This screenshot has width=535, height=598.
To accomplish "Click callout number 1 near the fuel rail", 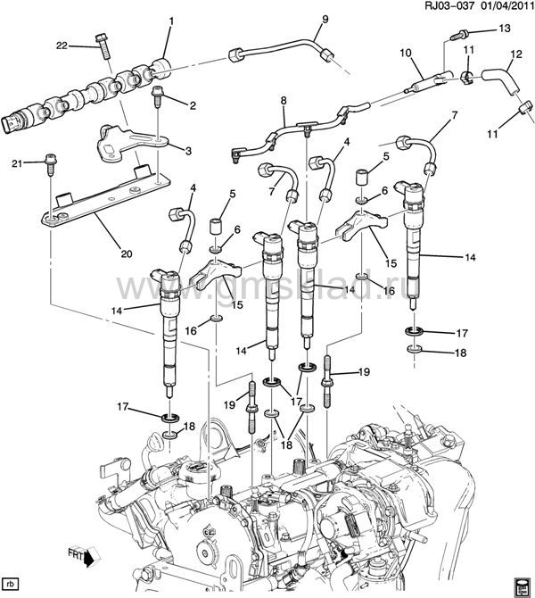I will pos(170,20).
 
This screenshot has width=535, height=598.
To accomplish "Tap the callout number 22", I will pos(62,45).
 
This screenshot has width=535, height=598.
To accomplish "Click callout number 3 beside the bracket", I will pos(188,151).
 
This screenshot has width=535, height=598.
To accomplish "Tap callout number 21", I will pos(16,163).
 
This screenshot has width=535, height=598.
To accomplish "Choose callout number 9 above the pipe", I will pos(300,20).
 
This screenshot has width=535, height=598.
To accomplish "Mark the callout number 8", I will pos(284,101).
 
